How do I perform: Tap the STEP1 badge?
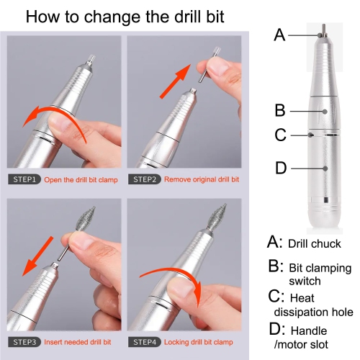tap(26, 179)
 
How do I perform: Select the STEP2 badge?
tap(146, 179)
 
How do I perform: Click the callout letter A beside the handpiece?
tap(281, 34)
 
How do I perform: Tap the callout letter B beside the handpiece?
tap(280, 110)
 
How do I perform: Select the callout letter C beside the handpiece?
tap(280, 135)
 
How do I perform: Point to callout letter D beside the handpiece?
tap(281, 168)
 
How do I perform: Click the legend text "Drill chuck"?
tap(315, 244)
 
